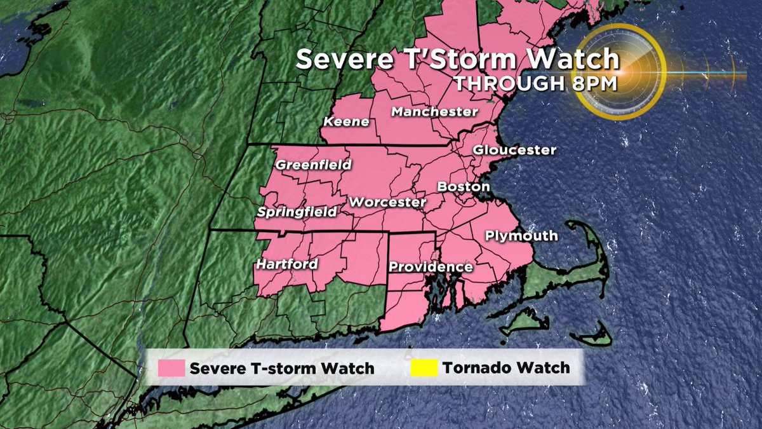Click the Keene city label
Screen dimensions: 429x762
[347, 121]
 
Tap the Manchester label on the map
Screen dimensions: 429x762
[434, 112]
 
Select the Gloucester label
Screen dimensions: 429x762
[514, 150]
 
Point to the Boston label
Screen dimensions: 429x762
[464, 187]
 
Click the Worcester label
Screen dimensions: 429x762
[387, 202]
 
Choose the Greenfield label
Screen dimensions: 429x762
[313, 165]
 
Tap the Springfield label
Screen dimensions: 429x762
[297, 212]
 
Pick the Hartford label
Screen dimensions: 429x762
[287, 264]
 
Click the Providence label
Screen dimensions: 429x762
[431, 266]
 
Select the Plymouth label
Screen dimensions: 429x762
[521, 236]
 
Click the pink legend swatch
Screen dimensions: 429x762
[168, 368]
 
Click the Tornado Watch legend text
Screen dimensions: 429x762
[506, 367]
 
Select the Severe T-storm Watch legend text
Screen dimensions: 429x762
[282, 368]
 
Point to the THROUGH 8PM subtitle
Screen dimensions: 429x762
[535, 83]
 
